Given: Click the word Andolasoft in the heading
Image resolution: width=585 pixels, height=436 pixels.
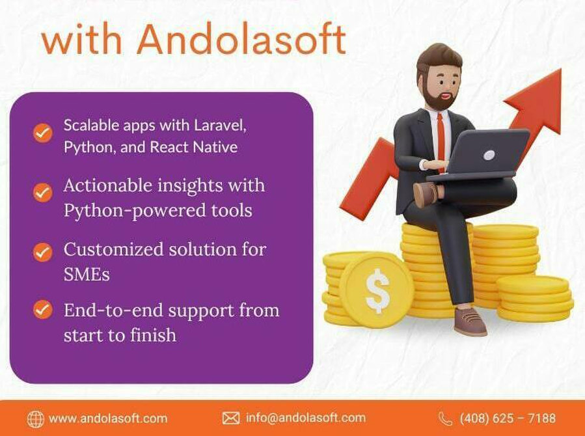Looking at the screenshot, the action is click(x=242, y=39).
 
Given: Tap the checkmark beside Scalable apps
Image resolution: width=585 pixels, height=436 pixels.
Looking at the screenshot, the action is click(x=43, y=133).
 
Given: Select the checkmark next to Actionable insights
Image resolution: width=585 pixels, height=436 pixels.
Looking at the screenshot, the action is click(x=43, y=193).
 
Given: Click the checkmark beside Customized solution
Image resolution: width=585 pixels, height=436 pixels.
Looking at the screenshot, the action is click(x=43, y=252).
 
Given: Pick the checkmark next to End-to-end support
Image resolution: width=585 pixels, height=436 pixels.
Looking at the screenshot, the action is click(x=43, y=310).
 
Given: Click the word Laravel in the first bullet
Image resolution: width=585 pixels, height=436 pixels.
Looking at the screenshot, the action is click(x=220, y=125).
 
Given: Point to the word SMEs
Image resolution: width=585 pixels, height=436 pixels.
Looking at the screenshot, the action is click(x=87, y=275).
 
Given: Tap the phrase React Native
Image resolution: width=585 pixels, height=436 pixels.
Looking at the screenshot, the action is click(x=194, y=147).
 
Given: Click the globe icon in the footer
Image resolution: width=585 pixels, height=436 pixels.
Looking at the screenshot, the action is click(x=35, y=419).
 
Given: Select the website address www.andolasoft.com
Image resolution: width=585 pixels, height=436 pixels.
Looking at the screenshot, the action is click(x=108, y=418).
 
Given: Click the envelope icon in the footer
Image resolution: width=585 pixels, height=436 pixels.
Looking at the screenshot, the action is click(x=231, y=418).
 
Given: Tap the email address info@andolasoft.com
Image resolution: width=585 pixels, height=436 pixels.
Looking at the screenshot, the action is click(x=306, y=418).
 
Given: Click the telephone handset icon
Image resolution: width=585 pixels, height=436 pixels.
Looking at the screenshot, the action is click(x=446, y=419).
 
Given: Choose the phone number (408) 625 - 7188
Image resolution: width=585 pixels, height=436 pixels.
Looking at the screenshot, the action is click(x=508, y=418).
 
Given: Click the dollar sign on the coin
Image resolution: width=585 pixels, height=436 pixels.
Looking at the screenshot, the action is click(x=377, y=291).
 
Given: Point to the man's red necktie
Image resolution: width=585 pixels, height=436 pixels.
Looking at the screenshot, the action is click(x=441, y=142).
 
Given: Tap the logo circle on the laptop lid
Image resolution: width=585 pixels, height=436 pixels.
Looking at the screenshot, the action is click(x=489, y=155).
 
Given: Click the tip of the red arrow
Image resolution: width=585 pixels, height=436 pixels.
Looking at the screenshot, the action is click(x=560, y=70).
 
